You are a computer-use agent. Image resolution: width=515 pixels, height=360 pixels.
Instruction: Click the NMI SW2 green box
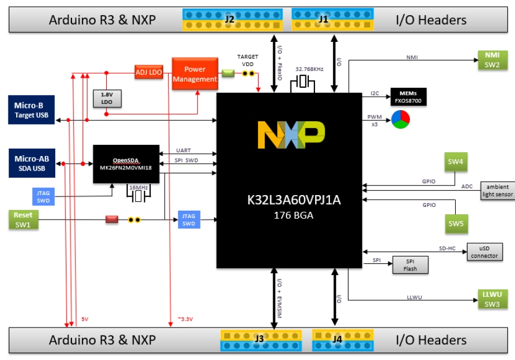[x=492, y=60]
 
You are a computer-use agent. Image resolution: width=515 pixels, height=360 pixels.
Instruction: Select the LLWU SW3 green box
[x=492, y=299]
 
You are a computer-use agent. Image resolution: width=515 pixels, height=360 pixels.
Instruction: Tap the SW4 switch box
[x=456, y=162]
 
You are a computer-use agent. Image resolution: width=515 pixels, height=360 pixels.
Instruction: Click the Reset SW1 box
[x=23, y=220]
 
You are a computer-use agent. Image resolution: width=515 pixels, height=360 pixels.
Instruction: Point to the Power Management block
[x=194, y=74]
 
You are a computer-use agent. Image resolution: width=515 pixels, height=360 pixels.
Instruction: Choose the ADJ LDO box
[x=149, y=72]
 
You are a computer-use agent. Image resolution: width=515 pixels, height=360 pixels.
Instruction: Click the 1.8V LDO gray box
[x=106, y=98]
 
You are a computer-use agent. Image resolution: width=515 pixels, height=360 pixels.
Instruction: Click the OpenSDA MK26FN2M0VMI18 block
[x=126, y=164]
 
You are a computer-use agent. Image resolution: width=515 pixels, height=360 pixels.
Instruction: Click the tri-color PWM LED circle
[x=400, y=120]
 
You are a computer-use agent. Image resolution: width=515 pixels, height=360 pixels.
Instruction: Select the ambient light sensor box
[x=497, y=191]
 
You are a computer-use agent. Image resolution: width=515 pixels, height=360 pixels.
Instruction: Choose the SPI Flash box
[x=411, y=265]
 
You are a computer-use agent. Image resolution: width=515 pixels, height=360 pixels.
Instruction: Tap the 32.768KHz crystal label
[x=309, y=69]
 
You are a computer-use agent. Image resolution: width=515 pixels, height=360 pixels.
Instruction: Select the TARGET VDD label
[x=247, y=60]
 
